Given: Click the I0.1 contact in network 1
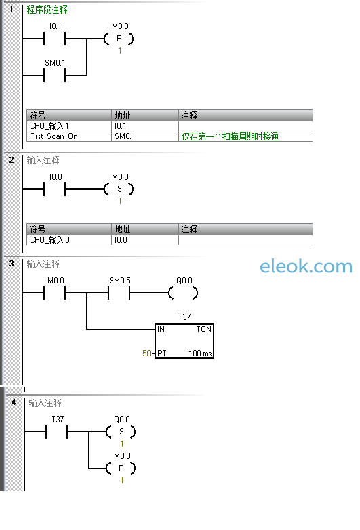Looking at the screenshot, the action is coord(54,39).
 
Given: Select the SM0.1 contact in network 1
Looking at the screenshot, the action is coord(54,75).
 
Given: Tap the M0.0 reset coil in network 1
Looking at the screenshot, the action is coord(119,39).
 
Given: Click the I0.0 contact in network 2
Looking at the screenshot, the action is coord(54,189).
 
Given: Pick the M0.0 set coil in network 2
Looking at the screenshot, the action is coord(119,189).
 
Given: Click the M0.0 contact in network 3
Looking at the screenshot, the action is coord(54,293).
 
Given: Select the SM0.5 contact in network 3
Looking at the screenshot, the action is coord(119,293).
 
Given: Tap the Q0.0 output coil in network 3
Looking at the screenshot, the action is coord(183,293).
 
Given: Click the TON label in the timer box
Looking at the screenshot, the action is coord(204,329).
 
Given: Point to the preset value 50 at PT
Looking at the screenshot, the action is coord(146,354).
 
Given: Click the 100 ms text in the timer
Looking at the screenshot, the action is coord(200,354).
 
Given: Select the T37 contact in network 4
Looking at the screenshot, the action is coord(56,432).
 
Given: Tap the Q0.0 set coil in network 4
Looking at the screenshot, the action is coord(121,432).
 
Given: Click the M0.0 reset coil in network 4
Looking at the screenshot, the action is coord(121,468).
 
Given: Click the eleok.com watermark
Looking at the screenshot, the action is coord(306,266).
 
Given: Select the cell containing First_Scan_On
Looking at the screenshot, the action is coord(69,136).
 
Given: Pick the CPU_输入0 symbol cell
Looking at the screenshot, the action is coord(69,240).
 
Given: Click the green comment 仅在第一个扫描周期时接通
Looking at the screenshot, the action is coord(230,136).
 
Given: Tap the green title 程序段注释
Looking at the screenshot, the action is coord(47,9).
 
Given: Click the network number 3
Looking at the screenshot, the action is coord(12,264).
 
